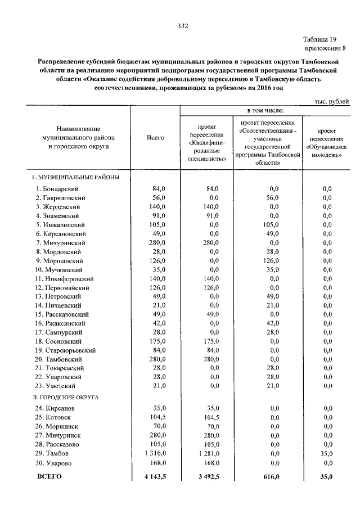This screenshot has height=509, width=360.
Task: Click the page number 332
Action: tap(182, 26)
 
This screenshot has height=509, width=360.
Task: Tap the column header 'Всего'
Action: tap(155, 137)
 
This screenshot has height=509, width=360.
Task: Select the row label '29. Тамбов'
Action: tap(52, 453)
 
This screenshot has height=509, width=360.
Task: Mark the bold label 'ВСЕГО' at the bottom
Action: tap(49, 476)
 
